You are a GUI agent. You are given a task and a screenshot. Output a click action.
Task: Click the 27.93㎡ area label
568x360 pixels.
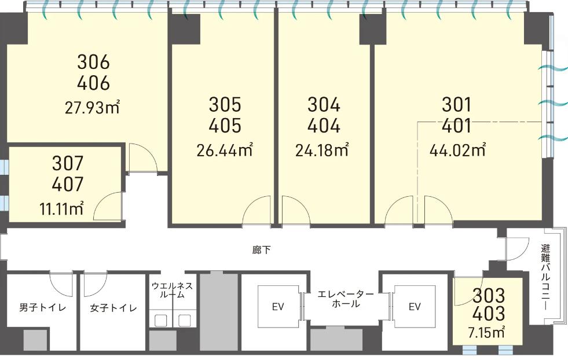[93, 108]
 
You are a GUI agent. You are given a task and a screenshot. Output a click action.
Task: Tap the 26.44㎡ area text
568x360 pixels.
[225, 150]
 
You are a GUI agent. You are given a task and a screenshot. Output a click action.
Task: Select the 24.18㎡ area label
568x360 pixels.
[322, 150]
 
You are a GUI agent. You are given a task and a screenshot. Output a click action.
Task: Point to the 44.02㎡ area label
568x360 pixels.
[458, 150]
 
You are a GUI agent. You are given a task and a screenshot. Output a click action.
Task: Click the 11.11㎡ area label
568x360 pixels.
[61, 209]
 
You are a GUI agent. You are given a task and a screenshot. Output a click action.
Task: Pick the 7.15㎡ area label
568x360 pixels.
[486, 332]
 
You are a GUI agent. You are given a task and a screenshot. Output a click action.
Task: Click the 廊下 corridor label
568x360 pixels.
[261, 250]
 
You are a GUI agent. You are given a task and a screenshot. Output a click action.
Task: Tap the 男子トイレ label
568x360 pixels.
[43, 308]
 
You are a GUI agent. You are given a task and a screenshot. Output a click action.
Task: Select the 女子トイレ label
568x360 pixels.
[113, 308]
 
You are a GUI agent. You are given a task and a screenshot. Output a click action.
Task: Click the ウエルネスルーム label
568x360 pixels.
[173, 290]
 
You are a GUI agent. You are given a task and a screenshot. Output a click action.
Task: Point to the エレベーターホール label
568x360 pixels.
[346, 299]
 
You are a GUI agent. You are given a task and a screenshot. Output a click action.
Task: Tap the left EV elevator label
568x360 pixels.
[277, 307]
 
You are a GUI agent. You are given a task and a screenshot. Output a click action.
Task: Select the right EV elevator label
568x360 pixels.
[415, 307]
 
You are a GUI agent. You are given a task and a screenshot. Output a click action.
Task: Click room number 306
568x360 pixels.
[93, 62]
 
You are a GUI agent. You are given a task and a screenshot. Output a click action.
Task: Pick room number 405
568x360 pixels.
[225, 126]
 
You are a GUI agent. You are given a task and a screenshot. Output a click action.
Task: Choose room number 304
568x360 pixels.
[324, 104]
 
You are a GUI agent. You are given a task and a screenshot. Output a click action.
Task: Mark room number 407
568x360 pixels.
[68, 184]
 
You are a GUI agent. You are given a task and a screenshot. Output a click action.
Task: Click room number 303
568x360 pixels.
[489, 296]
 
